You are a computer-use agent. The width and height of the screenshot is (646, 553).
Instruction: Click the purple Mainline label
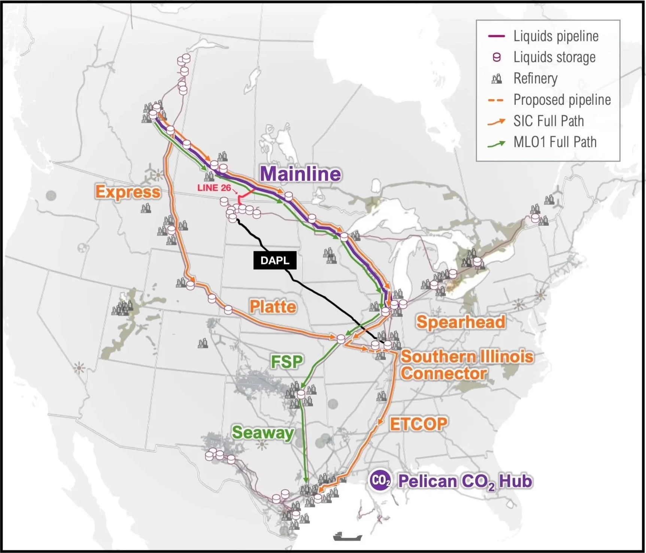[301, 174]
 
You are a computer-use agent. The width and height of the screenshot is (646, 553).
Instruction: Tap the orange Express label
[128, 192]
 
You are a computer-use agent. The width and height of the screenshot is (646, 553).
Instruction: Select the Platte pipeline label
[273, 307]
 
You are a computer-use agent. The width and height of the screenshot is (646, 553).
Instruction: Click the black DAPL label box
[275, 261]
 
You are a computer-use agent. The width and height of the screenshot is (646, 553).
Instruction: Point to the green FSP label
[286, 362]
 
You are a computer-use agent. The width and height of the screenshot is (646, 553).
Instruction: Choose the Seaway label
[263, 433]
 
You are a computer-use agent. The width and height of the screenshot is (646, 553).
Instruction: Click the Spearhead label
[461, 322]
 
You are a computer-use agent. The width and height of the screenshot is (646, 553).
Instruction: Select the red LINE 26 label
[214, 188]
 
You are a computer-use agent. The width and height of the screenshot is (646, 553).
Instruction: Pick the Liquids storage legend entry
[554, 57]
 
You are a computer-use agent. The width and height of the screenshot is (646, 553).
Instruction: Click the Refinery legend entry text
[535, 79]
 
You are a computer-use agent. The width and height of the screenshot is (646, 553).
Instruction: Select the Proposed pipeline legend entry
[562, 100]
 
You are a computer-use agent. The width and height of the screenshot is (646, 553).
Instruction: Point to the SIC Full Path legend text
[548, 121]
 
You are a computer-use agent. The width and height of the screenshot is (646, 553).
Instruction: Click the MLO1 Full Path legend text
[555, 142]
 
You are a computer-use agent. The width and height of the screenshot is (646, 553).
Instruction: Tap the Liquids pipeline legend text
[556, 36]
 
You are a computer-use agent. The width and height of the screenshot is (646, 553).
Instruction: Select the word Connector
[443, 374]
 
